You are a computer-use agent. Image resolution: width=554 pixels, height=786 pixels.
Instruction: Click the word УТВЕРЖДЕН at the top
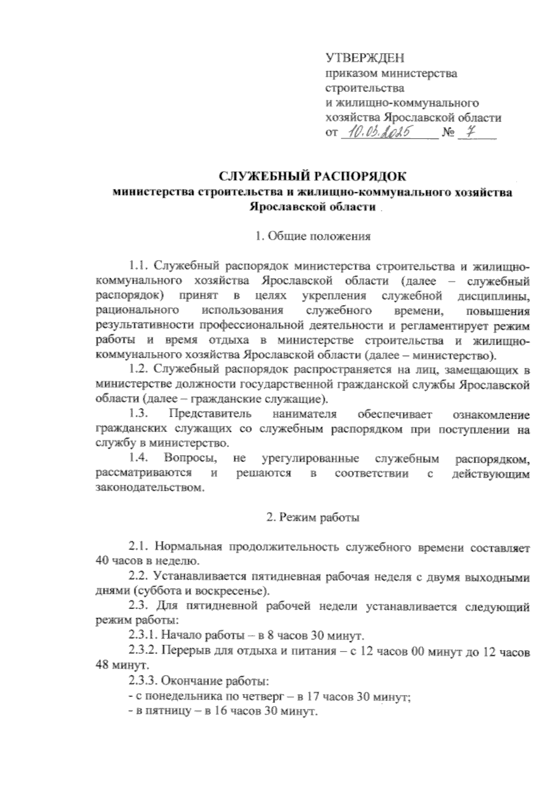[365, 58]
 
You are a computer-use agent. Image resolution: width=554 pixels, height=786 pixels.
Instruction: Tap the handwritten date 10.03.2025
[379, 134]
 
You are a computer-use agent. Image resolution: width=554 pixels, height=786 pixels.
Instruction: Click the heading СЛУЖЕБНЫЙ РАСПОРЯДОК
[313, 177]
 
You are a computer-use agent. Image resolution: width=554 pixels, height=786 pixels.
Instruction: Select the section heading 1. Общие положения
[313, 237]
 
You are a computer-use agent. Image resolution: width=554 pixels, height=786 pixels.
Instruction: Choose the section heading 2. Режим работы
[313, 518]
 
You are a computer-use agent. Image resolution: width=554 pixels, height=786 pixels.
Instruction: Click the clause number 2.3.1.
[142, 634]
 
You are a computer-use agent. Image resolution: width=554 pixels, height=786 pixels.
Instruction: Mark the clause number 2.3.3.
[142, 682]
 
